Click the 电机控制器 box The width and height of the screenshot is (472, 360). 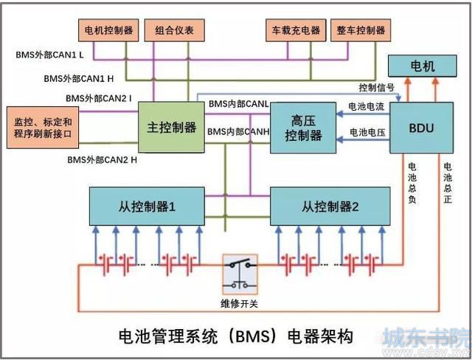108,30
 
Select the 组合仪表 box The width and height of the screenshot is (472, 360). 175,30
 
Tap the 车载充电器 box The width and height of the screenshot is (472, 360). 296,30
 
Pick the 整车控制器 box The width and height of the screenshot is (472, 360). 361,30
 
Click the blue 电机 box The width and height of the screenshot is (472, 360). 423,66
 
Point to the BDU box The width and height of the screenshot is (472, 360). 421,128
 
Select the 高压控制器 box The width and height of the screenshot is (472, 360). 303,128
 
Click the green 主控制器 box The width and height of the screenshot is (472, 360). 171,127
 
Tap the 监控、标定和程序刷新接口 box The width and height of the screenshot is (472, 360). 43,128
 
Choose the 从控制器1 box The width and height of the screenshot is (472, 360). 147,206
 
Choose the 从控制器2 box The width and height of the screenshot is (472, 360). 330,206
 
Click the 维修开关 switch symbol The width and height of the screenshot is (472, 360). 240,274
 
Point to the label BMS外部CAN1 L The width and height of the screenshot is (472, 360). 49,55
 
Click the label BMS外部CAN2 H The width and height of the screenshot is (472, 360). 102,159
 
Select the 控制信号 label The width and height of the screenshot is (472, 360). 376,88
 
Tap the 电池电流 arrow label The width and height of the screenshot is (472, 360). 367,106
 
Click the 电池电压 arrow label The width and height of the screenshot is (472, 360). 367,132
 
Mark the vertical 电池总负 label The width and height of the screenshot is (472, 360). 412,183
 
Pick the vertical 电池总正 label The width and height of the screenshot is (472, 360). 448,183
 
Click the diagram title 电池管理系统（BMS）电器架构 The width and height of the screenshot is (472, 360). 236,336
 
